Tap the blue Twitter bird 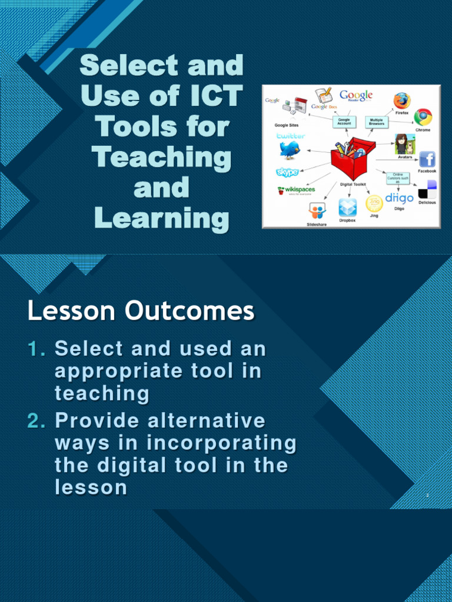(x=290, y=150)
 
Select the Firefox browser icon (x=402, y=101)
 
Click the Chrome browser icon (x=423, y=117)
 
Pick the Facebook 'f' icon (x=427, y=159)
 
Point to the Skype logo (x=287, y=172)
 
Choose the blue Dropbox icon (x=347, y=207)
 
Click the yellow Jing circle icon (x=374, y=203)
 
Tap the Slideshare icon (x=317, y=210)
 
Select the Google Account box (x=344, y=121)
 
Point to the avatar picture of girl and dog (x=405, y=144)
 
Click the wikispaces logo (x=297, y=190)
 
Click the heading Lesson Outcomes (x=141, y=311)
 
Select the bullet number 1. (x=36, y=349)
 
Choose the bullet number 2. (x=36, y=421)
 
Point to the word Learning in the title (x=161, y=219)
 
